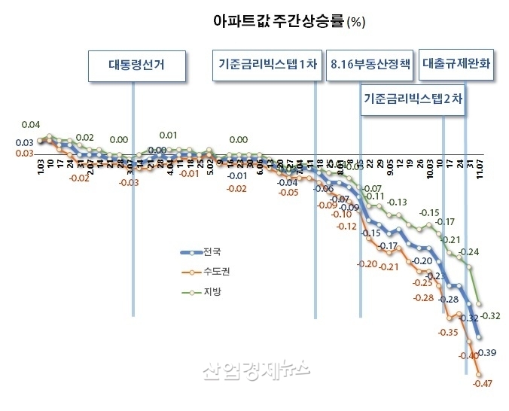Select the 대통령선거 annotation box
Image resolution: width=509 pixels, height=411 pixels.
click(x=136, y=65)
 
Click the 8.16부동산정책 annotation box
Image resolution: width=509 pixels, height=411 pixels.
click(x=370, y=65)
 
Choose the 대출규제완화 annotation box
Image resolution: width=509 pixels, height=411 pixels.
click(x=457, y=65)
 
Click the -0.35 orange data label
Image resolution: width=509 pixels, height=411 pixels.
click(x=448, y=332)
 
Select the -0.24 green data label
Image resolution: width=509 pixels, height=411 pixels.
click(x=471, y=251)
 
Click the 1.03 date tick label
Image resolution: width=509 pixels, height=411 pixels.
click(x=42, y=165)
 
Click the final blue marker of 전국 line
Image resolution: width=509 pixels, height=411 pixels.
click(x=480, y=340)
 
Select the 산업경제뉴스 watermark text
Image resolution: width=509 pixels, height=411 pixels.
click(x=254, y=369)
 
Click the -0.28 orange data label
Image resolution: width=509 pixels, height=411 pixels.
click(x=424, y=298)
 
